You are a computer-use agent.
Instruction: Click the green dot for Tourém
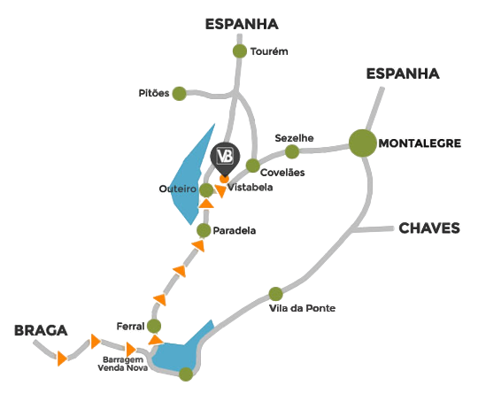pyautogui.click(x=240, y=50)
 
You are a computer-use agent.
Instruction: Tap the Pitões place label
pyautogui.click(x=154, y=93)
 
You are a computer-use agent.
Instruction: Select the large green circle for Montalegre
pyautogui.click(x=363, y=143)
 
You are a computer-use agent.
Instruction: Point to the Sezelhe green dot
pyautogui.click(x=292, y=151)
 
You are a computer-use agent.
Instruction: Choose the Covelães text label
pyautogui.click(x=282, y=173)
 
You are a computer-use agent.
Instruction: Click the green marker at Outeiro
pyautogui.click(x=206, y=190)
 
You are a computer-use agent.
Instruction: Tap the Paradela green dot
pyautogui.click(x=204, y=230)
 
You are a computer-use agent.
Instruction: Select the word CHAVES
pyautogui.click(x=429, y=228)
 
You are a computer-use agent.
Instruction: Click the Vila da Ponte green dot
pyautogui.click(x=275, y=294)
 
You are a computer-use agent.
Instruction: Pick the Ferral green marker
pyautogui.click(x=154, y=326)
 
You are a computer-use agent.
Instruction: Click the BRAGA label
pyautogui.click(x=41, y=331)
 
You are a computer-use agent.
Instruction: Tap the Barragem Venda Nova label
pyautogui.click(x=123, y=364)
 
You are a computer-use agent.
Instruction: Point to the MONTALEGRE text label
pyautogui.click(x=420, y=143)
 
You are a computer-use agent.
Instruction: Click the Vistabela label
pyautogui.click(x=251, y=187)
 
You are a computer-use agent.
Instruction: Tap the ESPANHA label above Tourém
pyautogui.click(x=242, y=24)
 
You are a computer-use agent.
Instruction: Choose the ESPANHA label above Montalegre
pyautogui.click(x=403, y=73)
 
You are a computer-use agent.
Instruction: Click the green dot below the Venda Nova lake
pyautogui.click(x=186, y=374)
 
